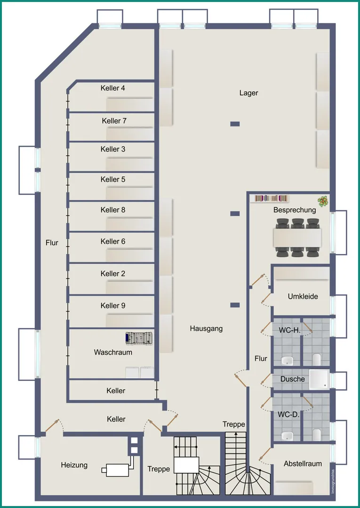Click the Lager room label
click(x=249, y=93)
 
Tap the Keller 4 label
click(x=113, y=88)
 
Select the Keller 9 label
click(x=113, y=306)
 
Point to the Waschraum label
click(x=113, y=352)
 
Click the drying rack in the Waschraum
click(x=139, y=338)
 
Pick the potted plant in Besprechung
click(x=323, y=202)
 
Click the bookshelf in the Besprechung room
click(x=272, y=198)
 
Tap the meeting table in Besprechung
click(x=297, y=238)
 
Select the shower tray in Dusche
click(x=319, y=380)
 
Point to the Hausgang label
click(x=207, y=328)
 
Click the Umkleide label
click(x=303, y=296)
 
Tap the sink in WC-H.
click(x=287, y=360)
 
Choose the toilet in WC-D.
click(x=317, y=435)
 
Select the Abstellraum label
click(x=303, y=464)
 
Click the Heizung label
click(x=74, y=465)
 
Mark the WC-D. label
click(x=288, y=414)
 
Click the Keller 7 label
click(x=114, y=121)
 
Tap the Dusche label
click(x=293, y=379)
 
